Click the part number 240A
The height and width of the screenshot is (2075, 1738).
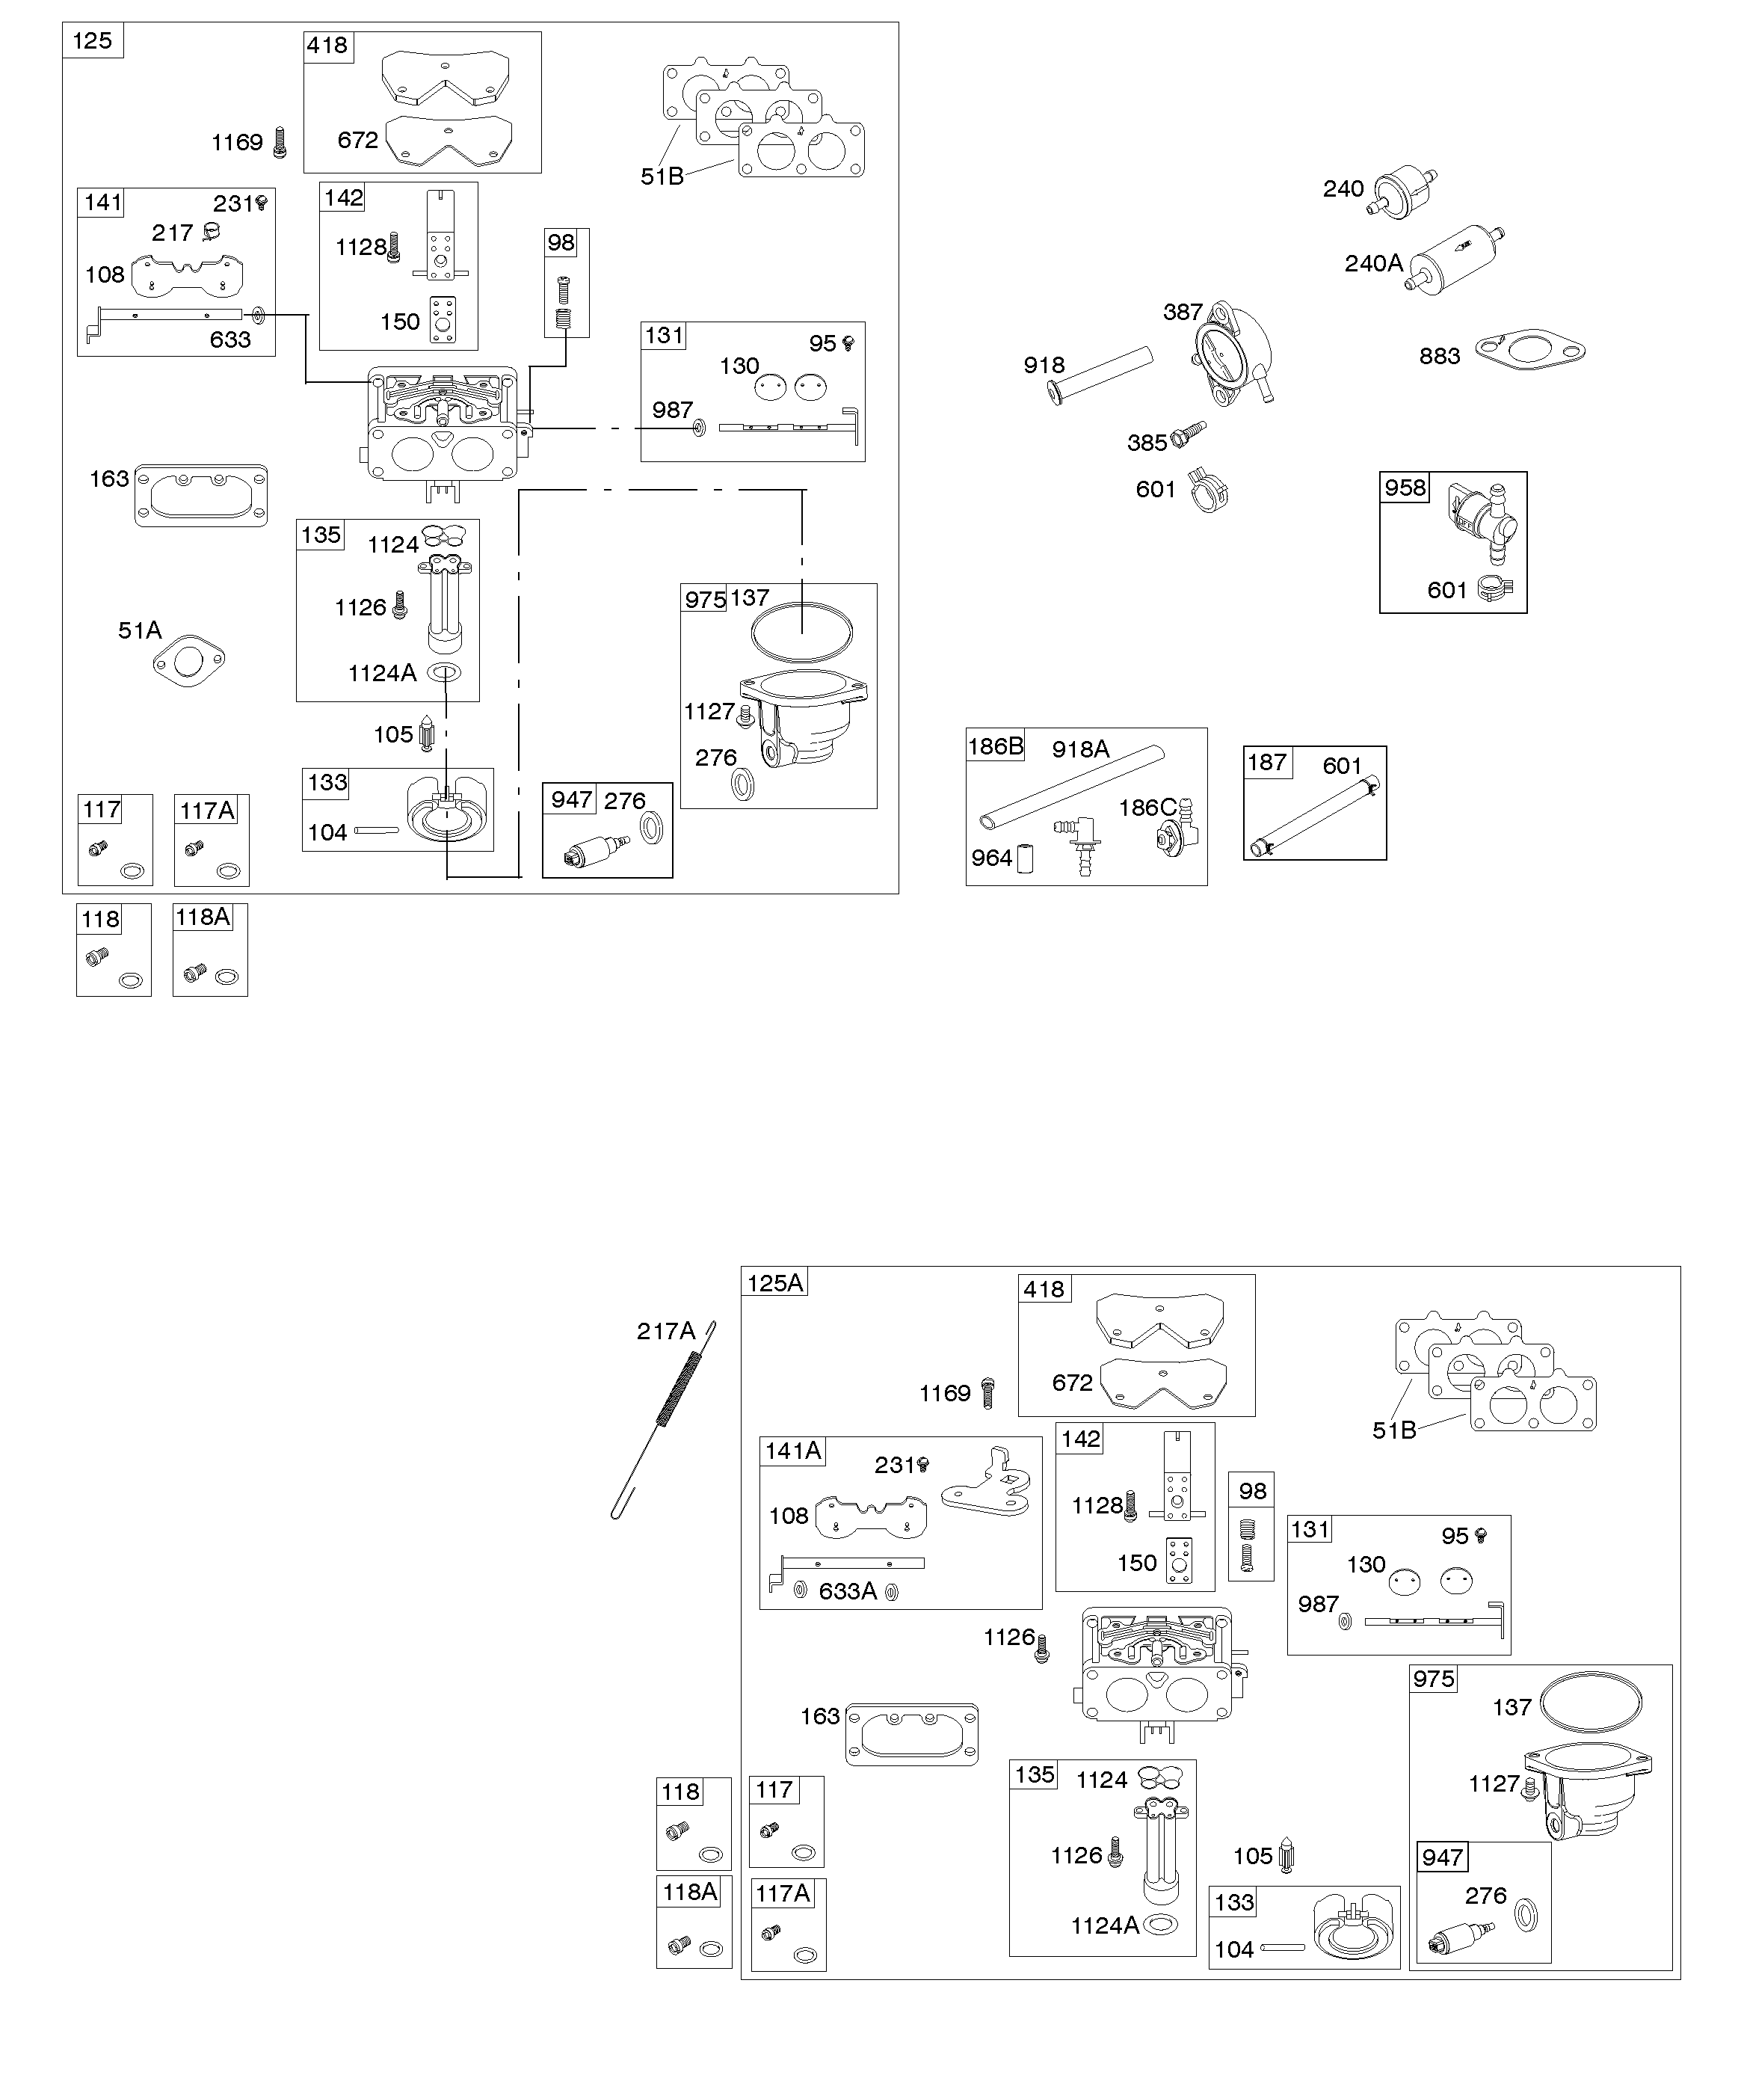pyautogui.click(x=1373, y=264)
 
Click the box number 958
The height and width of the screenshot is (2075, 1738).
pyautogui.click(x=1405, y=487)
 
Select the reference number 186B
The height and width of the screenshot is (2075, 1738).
pyautogui.click(x=995, y=746)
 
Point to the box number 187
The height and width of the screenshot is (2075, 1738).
pyautogui.click(x=1267, y=762)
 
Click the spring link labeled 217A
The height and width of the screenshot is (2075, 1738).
pyautogui.click(x=663, y=1420)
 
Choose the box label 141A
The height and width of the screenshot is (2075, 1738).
pyautogui.click(x=793, y=1451)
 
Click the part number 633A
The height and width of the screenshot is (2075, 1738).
pyautogui.click(x=848, y=1591)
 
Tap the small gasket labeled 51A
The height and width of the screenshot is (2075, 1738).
pyautogui.click(x=188, y=661)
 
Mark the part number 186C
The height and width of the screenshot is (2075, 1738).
pyautogui.click(x=1148, y=808)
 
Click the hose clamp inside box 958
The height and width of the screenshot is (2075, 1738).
pyautogui.click(x=1496, y=589)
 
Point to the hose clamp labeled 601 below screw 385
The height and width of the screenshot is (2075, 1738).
pyautogui.click(x=1209, y=489)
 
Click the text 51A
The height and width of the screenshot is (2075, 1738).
pyautogui.click(x=139, y=630)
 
